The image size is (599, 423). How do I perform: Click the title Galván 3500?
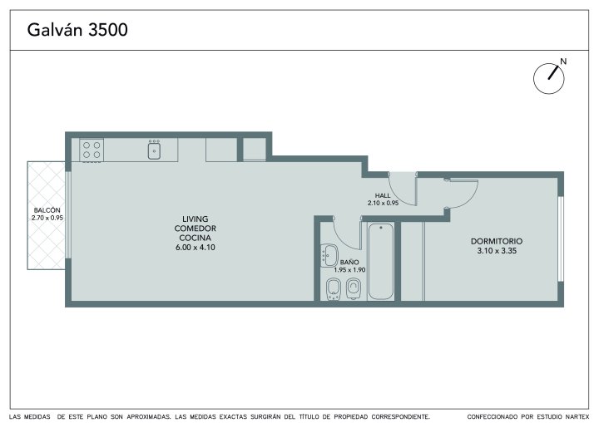pyautogui.click(x=77, y=30)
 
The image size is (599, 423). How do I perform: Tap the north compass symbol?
pyautogui.click(x=548, y=79)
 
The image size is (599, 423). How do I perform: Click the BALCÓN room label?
pyautogui.click(x=47, y=210)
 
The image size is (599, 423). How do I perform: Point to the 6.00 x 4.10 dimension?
pyautogui.click(x=196, y=248)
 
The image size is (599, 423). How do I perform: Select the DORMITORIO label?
pyautogui.click(x=497, y=241)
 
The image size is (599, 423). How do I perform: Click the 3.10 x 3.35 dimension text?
pyautogui.click(x=497, y=251)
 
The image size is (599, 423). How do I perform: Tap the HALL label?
pyautogui.click(x=383, y=196)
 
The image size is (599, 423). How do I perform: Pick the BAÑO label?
pyautogui.click(x=349, y=263)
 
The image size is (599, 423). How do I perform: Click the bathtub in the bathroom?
pyautogui.click(x=381, y=262)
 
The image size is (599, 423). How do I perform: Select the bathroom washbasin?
pyautogui.click(x=329, y=255)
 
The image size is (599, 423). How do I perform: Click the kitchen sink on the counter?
pyautogui.click(x=154, y=150)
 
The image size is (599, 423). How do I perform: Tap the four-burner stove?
pyautogui.click(x=92, y=150)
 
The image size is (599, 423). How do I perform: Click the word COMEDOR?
pyautogui.click(x=196, y=229)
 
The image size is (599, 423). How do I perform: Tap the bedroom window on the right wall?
pyautogui.click(x=561, y=239)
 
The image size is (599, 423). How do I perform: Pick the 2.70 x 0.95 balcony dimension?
pyautogui.click(x=47, y=218)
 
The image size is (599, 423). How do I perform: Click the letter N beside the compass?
pyautogui.click(x=563, y=61)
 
